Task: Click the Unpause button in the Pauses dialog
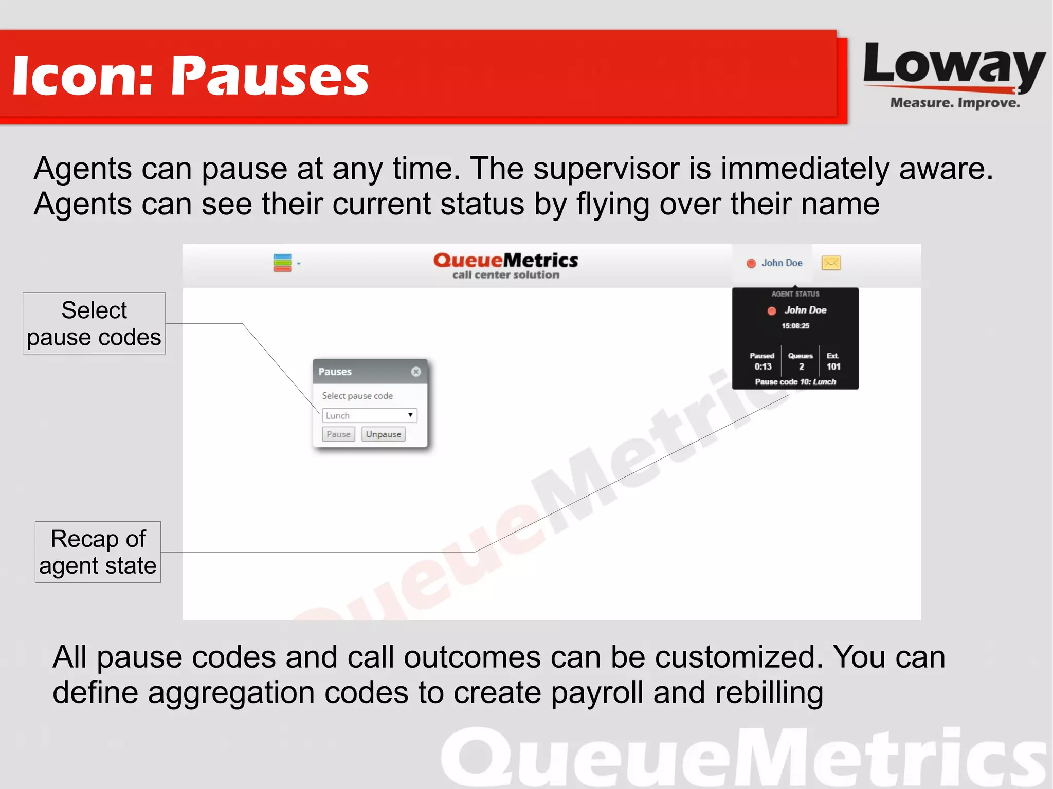tap(383, 434)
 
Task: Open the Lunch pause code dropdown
tap(369, 415)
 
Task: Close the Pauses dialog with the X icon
tap(416, 372)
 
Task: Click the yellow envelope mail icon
tap(831, 263)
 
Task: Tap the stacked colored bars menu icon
tap(282, 263)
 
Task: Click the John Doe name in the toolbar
tap(782, 263)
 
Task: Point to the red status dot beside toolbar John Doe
tap(751, 264)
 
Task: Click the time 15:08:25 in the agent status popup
tap(795, 326)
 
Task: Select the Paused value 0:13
tap(763, 366)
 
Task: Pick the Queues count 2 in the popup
tap(801, 366)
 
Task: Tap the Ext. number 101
tap(833, 366)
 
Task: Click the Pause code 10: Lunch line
tap(795, 382)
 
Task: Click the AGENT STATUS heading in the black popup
tap(795, 294)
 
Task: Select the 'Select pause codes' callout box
tap(94, 323)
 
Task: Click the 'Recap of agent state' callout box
tap(98, 552)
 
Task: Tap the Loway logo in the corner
tap(954, 75)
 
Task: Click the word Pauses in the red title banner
tap(270, 76)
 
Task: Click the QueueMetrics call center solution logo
tap(506, 265)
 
